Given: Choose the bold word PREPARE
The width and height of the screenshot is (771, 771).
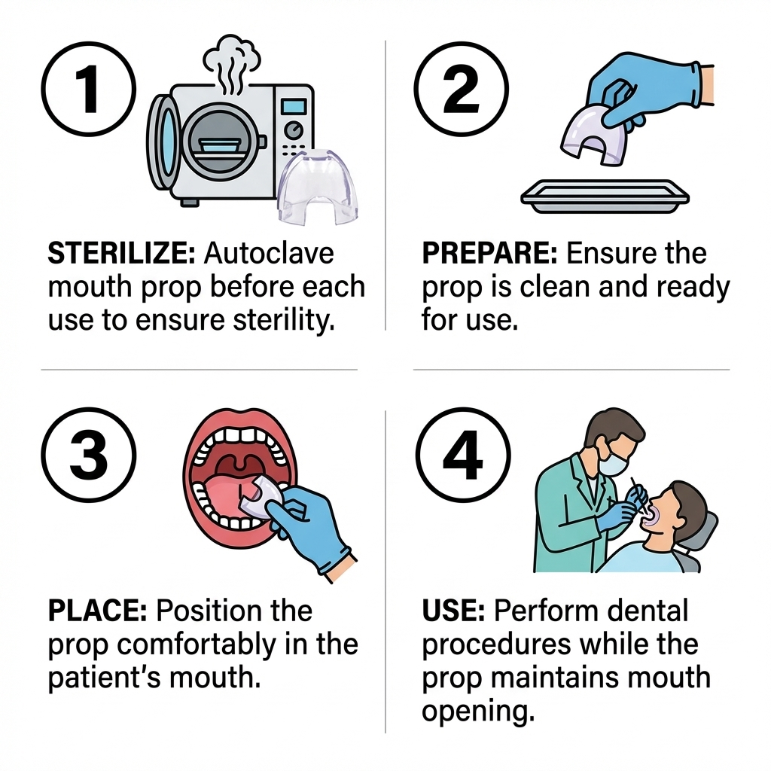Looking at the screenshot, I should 489,254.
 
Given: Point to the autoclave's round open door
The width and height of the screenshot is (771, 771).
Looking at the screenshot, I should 163,143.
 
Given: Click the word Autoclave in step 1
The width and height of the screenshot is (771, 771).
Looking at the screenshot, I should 268,254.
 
